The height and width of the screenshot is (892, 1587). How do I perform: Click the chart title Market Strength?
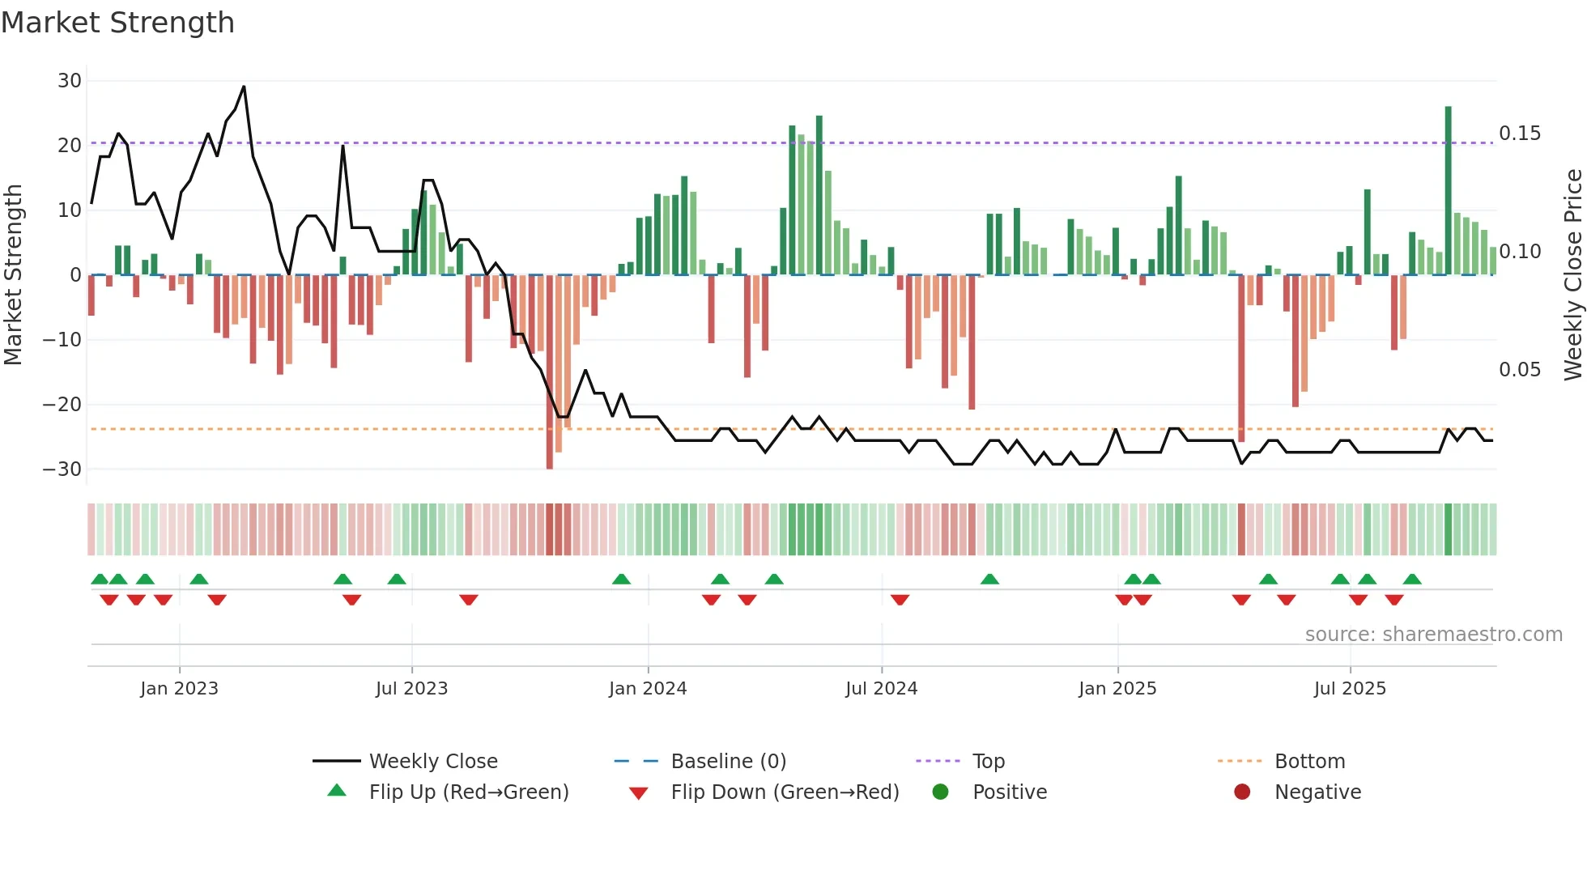click(x=117, y=23)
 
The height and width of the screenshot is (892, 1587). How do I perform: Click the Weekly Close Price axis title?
click(x=1572, y=274)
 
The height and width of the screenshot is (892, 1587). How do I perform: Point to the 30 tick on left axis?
click(x=70, y=81)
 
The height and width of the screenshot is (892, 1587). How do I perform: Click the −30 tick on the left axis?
click(x=62, y=469)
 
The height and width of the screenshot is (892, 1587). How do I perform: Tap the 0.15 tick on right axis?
click(x=1519, y=134)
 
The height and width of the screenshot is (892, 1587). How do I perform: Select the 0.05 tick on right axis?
click(x=1519, y=370)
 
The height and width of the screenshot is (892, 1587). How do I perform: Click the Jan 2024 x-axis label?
click(x=648, y=689)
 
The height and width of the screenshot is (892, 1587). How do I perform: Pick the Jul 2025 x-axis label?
click(x=1350, y=689)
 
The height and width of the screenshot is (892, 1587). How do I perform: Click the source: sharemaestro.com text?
click(x=1433, y=635)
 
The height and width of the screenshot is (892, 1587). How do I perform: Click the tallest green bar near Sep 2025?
click(x=1448, y=190)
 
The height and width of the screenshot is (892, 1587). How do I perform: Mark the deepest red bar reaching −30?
click(x=550, y=372)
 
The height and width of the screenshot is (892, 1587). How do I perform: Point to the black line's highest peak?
click(x=244, y=87)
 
